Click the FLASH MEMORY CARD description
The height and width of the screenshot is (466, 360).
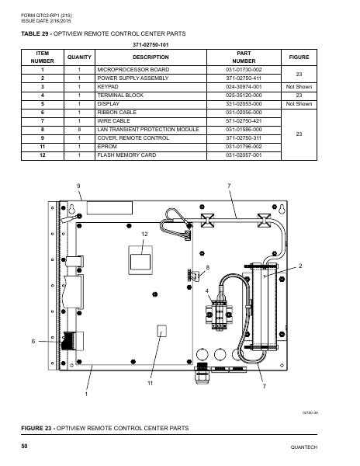click(123, 155)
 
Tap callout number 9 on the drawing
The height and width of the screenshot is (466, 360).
click(78, 186)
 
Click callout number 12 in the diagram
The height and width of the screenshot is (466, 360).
click(144, 234)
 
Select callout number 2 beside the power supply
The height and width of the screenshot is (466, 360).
click(300, 266)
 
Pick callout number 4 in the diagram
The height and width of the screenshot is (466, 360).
click(207, 290)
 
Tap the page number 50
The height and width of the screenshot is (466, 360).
click(26, 445)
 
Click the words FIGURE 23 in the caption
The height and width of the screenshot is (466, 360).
click(42, 428)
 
